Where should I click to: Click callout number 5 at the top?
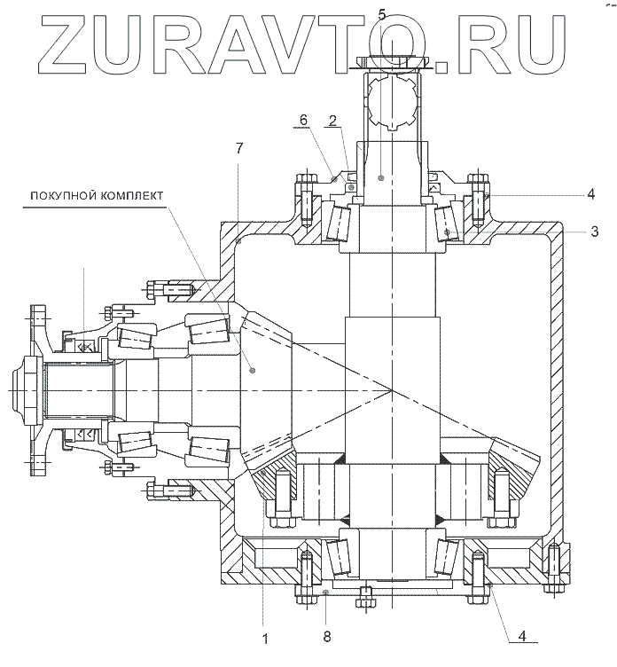pyautogui.click(x=381, y=13)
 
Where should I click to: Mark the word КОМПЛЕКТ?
pyautogui.click(x=132, y=195)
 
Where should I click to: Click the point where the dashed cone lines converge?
pyautogui.click(x=391, y=389)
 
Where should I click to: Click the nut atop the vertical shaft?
pyautogui.click(x=391, y=63)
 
